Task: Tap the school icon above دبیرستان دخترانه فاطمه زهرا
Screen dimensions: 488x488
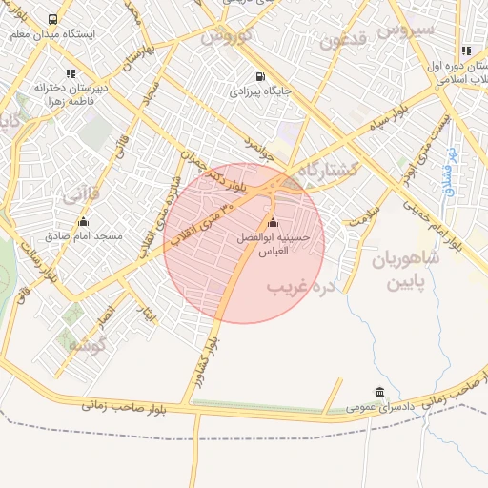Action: [x=70, y=72]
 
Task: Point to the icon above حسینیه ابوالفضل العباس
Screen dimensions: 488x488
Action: [x=274, y=222]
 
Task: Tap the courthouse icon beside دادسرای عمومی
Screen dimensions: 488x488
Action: [x=380, y=393]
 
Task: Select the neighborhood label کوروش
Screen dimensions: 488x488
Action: [x=225, y=35]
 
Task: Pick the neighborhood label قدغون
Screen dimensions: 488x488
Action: [x=342, y=41]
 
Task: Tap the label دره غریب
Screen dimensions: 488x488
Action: [x=301, y=286]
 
